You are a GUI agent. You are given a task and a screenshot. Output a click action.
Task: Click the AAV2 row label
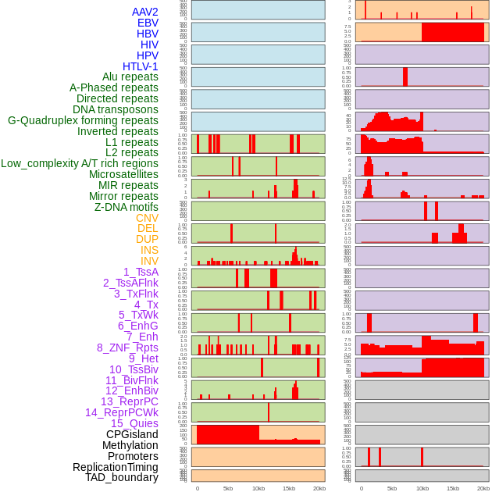(x=145, y=12)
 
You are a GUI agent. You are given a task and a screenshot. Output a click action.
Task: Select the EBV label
(x=148, y=23)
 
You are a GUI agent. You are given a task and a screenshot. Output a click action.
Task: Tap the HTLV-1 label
(x=141, y=66)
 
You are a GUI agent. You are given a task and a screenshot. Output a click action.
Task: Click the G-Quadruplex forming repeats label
(x=83, y=120)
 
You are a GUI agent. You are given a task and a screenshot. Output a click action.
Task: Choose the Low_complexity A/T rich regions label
(x=80, y=163)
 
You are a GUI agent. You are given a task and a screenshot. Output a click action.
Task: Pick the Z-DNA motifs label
(x=126, y=207)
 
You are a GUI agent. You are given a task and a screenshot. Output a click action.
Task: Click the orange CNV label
(x=147, y=218)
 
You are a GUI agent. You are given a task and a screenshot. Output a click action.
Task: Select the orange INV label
(x=149, y=261)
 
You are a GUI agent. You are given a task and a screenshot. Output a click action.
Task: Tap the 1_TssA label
(x=141, y=272)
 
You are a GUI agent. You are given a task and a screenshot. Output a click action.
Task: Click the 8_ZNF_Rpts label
(x=127, y=348)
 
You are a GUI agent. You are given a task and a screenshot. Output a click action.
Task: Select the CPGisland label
(x=132, y=434)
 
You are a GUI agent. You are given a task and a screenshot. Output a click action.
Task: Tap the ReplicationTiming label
(x=116, y=467)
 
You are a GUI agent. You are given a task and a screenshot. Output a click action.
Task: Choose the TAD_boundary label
(x=122, y=477)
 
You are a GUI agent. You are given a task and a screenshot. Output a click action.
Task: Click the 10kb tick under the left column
(x=258, y=488)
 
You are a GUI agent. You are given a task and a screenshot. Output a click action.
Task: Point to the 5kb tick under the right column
(x=391, y=488)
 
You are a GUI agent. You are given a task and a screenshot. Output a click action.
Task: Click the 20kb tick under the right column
(x=483, y=488)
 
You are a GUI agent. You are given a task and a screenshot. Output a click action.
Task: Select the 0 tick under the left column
(x=197, y=488)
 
